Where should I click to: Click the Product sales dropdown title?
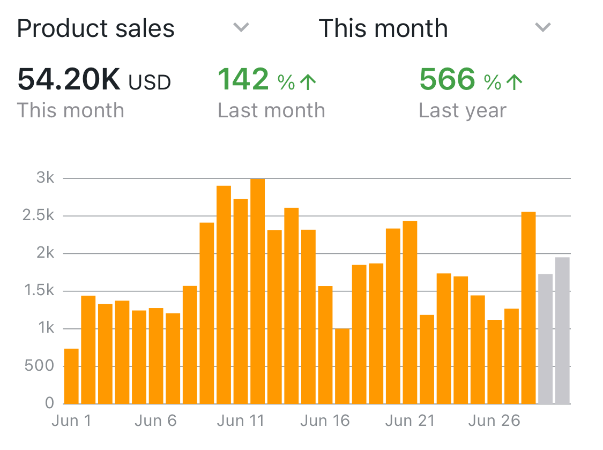[x=96, y=28]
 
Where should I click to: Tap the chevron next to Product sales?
[x=242, y=27]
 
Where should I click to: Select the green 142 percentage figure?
[x=243, y=79]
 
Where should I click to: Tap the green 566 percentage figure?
[x=447, y=79]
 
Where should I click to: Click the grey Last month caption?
[x=271, y=110]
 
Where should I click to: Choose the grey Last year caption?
[x=462, y=110]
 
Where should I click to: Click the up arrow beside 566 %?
[x=515, y=81]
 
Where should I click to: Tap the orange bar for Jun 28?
[x=528, y=307]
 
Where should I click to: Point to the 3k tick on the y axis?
[x=46, y=178]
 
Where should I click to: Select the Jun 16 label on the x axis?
[x=325, y=421]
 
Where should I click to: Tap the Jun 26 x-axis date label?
[x=494, y=421]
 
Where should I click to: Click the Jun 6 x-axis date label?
[x=155, y=421]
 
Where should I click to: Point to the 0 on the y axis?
[x=50, y=403]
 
